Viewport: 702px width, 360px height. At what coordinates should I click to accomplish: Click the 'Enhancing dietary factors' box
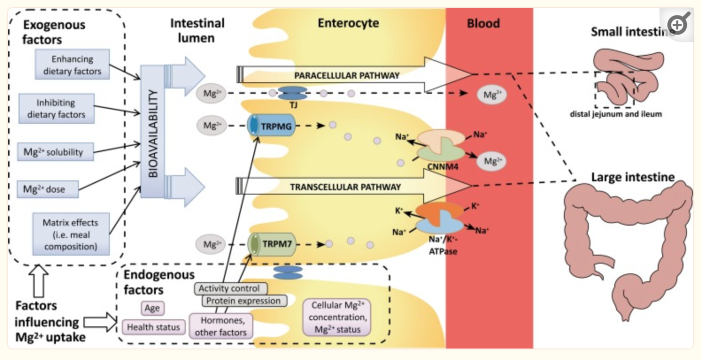72,65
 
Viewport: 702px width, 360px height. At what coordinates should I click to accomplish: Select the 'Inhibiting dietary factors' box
56,109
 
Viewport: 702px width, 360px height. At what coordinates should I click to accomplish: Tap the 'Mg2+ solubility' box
53,152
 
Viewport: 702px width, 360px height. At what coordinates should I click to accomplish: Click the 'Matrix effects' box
70,234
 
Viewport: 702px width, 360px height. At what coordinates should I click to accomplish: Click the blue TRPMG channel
271,126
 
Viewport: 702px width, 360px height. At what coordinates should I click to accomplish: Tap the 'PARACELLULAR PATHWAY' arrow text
346,75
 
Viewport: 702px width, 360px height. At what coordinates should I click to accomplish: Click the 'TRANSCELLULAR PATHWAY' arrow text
345,187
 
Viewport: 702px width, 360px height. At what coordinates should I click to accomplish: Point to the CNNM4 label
442,167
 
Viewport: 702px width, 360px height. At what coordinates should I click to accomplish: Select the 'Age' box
152,308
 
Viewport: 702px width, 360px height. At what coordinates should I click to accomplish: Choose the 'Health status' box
154,327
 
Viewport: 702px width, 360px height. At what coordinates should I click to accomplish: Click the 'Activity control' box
229,289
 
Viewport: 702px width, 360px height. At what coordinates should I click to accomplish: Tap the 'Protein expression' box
243,301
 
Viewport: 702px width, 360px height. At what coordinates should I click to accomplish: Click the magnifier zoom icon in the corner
678,24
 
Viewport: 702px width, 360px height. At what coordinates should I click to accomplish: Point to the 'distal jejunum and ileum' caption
616,114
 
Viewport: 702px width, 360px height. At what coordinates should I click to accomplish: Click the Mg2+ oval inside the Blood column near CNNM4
492,161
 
